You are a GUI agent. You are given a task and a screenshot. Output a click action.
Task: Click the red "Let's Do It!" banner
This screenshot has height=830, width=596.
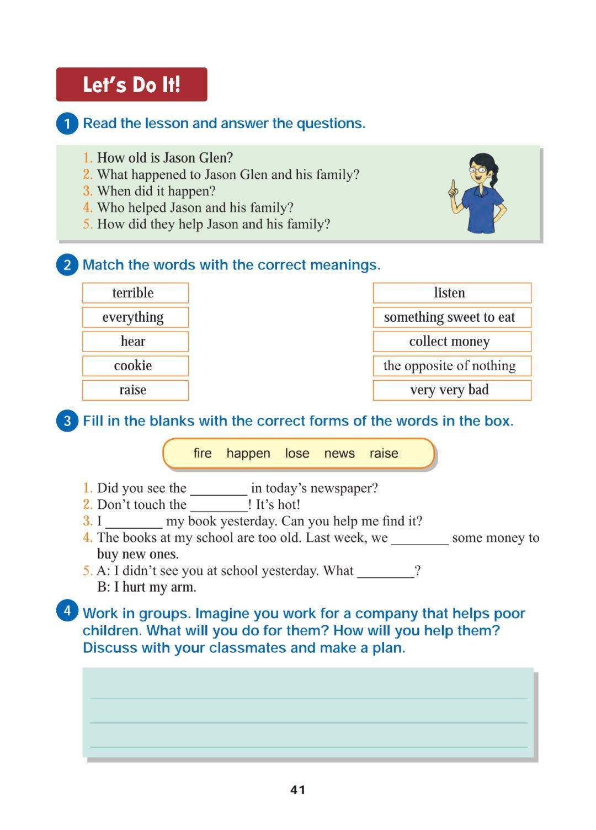[x=131, y=84]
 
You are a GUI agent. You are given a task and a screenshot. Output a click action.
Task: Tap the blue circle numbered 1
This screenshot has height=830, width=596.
[x=67, y=123]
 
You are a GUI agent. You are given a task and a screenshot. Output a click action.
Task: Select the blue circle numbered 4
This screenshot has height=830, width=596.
[x=67, y=610]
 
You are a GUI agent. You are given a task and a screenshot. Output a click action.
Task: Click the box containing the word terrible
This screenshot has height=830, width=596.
[x=135, y=292]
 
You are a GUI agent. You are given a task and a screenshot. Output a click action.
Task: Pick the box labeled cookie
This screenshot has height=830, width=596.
[x=135, y=365]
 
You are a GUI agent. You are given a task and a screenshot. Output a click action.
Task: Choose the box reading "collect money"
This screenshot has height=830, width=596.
[x=451, y=341]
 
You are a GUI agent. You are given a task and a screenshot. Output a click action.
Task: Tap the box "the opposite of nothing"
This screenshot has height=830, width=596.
[x=451, y=365]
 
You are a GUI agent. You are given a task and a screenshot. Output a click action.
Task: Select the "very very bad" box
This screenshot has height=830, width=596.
[x=451, y=390]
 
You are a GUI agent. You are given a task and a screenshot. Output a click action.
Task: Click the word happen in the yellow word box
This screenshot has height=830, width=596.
[x=248, y=453]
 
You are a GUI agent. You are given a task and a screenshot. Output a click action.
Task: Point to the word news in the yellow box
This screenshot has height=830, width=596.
[x=339, y=453]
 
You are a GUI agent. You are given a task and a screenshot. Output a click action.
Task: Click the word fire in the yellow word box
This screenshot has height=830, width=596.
[x=202, y=453]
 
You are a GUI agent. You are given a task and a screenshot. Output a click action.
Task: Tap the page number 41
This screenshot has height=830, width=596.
[x=297, y=790]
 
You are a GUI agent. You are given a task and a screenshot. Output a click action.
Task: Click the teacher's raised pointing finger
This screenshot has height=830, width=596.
[x=453, y=185]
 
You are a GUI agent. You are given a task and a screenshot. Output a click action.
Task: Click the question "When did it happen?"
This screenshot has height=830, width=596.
[x=156, y=191]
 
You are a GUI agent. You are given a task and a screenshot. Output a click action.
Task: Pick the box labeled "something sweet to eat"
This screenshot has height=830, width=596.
[x=451, y=317]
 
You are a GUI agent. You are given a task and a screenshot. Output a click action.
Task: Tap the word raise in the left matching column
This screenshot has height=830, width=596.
[x=133, y=390]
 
